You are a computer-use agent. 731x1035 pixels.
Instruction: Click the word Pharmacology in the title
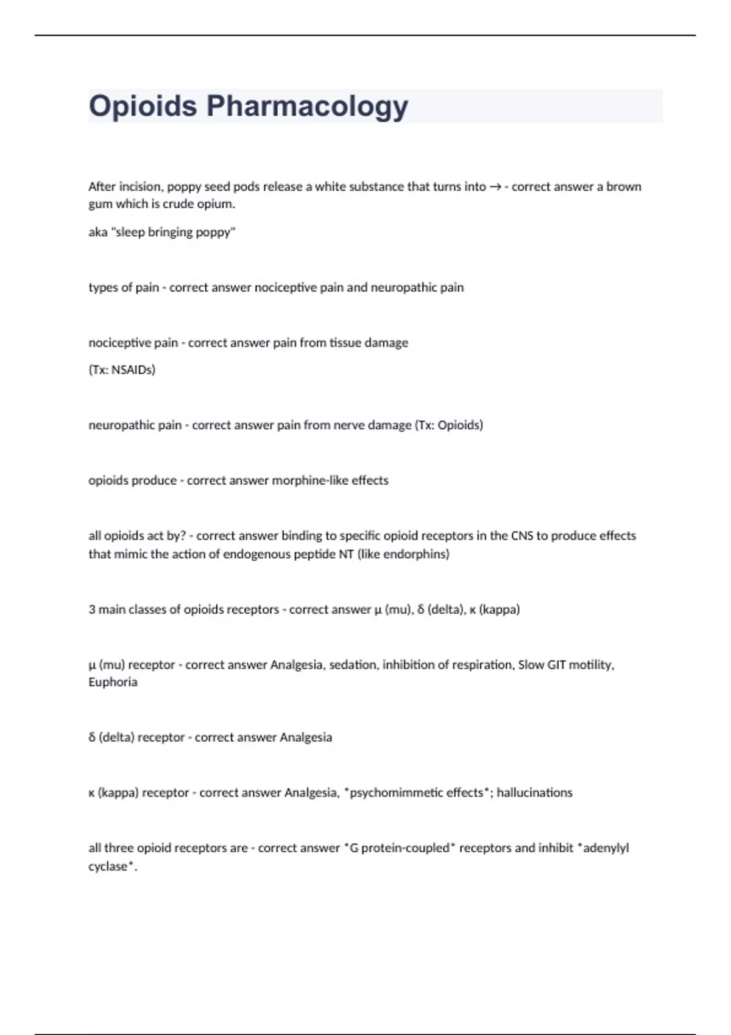click(307, 107)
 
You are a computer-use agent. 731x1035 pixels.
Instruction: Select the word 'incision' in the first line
click(141, 187)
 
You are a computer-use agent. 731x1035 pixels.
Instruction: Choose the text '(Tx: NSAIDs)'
click(122, 370)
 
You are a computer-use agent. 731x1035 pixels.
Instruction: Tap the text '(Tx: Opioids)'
click(449, 425)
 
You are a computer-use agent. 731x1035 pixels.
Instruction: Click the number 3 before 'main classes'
click(92, 609)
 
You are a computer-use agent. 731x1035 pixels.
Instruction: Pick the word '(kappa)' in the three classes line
click(500, 609)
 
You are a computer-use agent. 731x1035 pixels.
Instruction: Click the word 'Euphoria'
click(113, 682)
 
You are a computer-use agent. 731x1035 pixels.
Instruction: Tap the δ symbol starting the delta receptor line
click(92, 737)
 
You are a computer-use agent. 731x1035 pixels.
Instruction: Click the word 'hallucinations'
click(534, 793)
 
